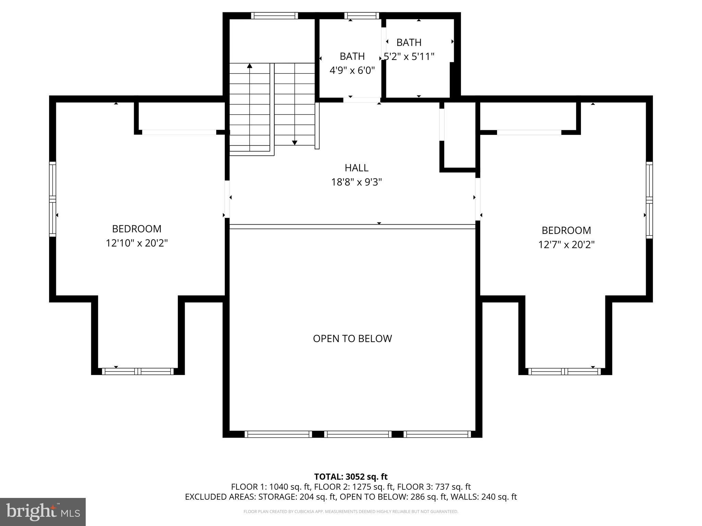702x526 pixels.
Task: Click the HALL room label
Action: pos(356,168)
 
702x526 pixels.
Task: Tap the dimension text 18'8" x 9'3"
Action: pos(356,182)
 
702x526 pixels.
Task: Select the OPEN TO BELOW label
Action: pos(352,339)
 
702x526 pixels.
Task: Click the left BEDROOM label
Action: pos(137,229)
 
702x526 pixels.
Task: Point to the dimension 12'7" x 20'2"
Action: pos(566,245)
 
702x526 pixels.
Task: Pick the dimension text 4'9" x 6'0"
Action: pos(352,71)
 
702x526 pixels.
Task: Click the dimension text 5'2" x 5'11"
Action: pos(409,57)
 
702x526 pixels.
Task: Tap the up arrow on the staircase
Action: pos(250,66)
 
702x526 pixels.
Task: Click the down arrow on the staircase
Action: pos(294,142)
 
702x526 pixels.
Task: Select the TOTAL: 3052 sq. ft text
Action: pos(351,477)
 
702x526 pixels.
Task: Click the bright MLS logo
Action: pos(43,512)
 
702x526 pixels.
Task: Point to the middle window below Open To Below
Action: pos(358,434)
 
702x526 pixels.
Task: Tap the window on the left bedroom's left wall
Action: pos(52,199)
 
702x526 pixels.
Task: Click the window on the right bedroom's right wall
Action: pos(649,200)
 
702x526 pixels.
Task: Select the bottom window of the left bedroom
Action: pos(138,372)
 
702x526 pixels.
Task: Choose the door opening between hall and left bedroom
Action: pos(227,199)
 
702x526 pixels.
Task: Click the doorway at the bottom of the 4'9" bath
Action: pos(361,100)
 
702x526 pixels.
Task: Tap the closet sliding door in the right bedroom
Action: pos(529,133)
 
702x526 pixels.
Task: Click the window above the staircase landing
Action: pos(274,16)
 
